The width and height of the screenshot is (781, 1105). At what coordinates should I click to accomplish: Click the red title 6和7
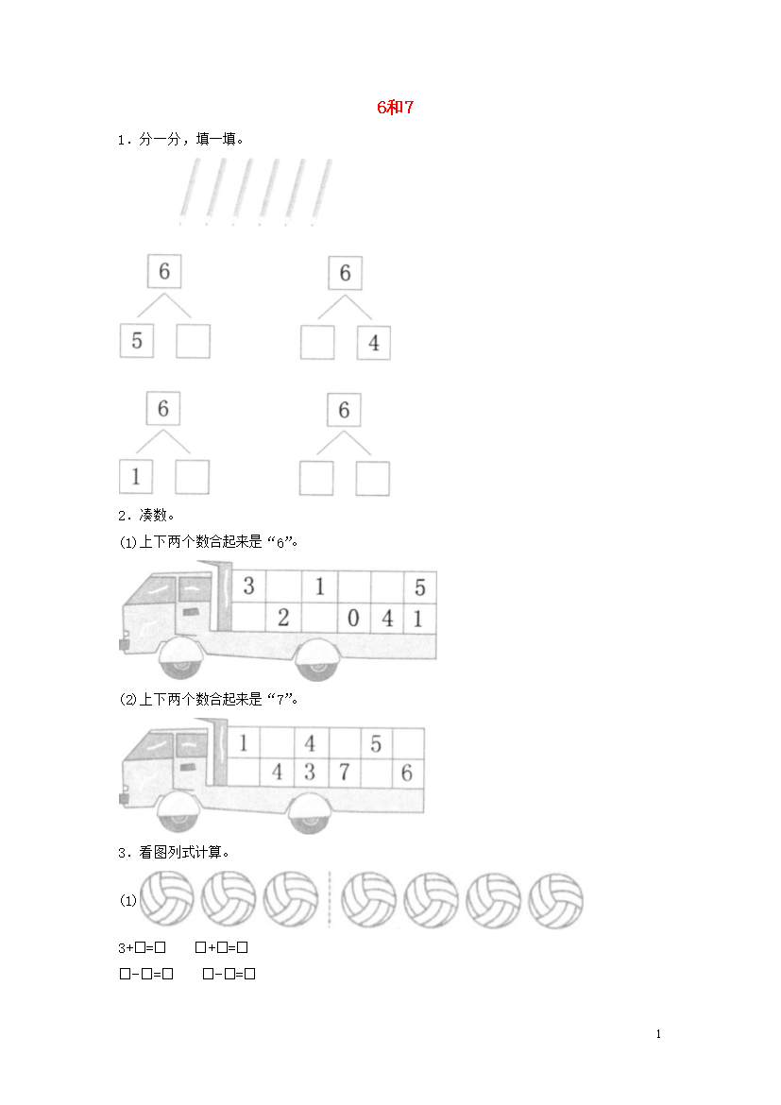(395, 107)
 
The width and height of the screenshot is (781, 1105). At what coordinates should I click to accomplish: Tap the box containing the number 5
(137, 340)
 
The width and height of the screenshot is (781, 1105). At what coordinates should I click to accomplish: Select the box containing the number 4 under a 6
(374, 343)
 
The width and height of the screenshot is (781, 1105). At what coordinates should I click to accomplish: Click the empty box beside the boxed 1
(192, 477)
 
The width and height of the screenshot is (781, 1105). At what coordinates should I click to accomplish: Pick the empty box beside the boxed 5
(194, 340)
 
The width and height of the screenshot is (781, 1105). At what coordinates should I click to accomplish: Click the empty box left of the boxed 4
(317, 343)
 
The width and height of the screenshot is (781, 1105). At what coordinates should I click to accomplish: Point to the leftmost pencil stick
(190, 191)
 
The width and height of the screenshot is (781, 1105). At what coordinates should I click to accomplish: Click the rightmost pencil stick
(321, 191)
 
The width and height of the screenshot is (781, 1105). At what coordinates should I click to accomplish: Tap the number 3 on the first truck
(248, 586)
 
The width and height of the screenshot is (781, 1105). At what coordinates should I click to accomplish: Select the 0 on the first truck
(353, 618)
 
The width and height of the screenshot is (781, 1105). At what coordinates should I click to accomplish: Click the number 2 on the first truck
(283, 618)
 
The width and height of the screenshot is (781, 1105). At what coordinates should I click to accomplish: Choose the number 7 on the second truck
(344, 773)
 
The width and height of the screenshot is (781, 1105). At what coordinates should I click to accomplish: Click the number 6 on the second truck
(407, 773)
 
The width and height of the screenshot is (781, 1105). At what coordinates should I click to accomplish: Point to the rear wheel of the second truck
(310, 813)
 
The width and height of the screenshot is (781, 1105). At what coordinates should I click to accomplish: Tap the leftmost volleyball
(167, 898)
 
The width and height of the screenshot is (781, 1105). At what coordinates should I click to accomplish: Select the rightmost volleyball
(555, 901)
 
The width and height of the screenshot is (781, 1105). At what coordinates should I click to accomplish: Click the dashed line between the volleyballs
(330, 899)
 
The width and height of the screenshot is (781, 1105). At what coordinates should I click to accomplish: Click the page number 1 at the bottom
(658, 1034)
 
